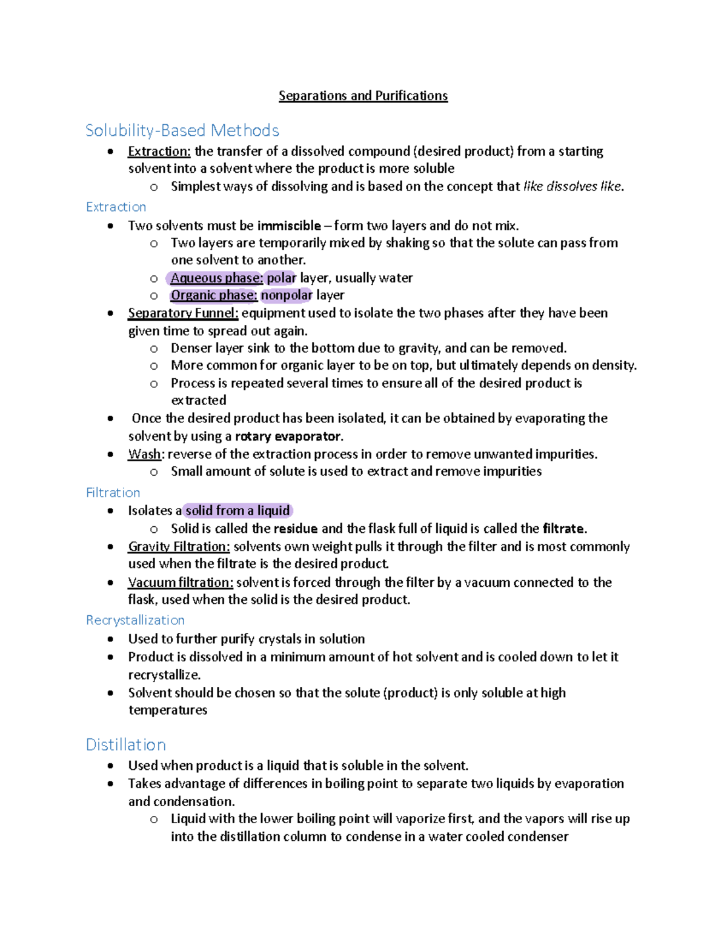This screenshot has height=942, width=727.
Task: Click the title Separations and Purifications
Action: point(363,96)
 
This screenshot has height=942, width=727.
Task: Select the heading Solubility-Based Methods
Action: point(182,130)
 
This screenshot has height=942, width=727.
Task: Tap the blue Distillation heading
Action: point(125,744)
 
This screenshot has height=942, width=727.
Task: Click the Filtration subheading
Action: point(113,492)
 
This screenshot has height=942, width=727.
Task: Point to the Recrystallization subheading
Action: point(135,620)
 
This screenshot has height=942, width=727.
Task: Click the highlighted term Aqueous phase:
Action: point(216,278)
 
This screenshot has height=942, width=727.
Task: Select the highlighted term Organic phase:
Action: point(214,295)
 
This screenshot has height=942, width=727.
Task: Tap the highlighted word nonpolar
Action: point(286,295)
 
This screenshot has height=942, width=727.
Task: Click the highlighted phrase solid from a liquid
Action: point(237,510)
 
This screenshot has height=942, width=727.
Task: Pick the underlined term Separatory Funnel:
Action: point(183,313)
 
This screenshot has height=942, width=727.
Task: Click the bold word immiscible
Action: point(289,225)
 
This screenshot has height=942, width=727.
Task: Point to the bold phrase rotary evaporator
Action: point(288,436)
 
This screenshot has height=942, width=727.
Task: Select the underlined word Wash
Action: point(144,454)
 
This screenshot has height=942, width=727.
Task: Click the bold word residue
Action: point(295,528)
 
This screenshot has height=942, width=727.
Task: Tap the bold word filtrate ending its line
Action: point(563,528)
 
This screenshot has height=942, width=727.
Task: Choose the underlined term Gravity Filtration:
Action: point(179,546)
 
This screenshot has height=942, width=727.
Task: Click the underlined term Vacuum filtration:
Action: point(181,582)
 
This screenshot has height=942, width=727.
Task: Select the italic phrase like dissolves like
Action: point(572,186)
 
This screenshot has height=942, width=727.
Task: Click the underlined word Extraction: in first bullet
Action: point(159,151)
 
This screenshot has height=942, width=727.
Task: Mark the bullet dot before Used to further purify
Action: point(110,639)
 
